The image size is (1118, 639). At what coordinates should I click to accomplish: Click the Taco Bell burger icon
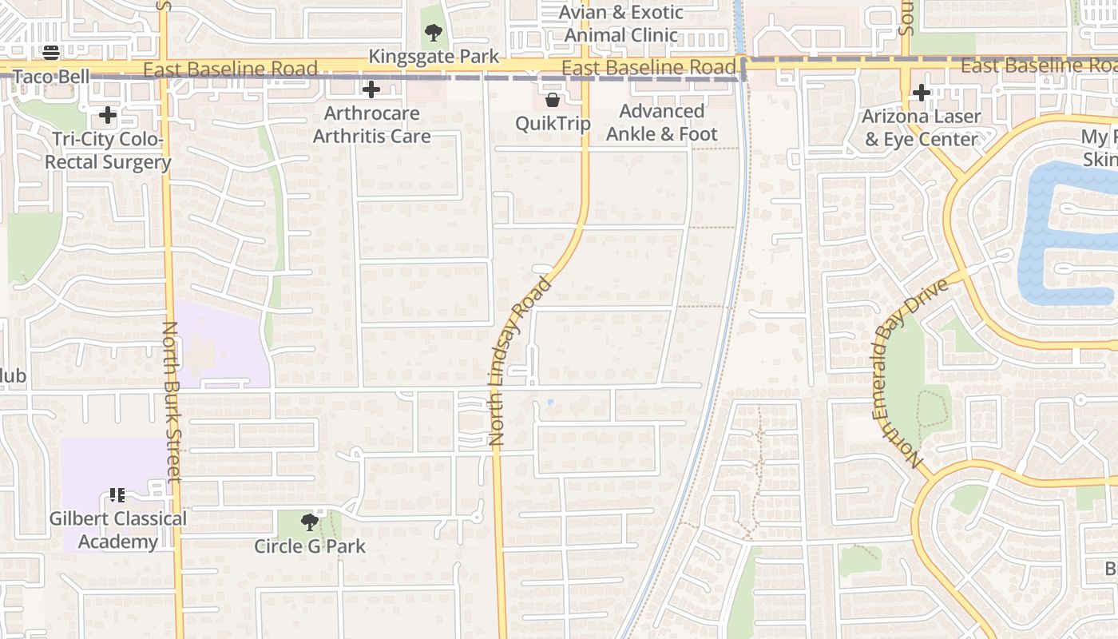[x=51, y=53]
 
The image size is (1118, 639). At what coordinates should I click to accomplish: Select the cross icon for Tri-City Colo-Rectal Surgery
[x=108, y=116]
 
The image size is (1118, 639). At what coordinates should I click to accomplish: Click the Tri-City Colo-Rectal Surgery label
[x=108, y=151]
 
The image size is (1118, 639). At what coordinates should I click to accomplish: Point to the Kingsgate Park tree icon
[x=434, y=33]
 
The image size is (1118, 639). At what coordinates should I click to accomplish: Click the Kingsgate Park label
[x=434, y=57]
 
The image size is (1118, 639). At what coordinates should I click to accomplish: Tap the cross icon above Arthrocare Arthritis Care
[x=371, y=89]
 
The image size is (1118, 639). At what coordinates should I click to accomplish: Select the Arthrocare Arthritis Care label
[x=371, y=125]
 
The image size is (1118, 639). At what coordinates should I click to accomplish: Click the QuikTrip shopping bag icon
[x=552, y=100]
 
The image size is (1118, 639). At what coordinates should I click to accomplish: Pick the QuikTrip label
[x=553, y=123]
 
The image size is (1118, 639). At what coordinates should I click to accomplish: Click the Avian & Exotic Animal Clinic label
[x=621, y=24]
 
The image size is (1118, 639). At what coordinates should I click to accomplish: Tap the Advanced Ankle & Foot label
[x=661, y=122]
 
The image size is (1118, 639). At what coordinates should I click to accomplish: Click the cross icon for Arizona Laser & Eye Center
[x=922, y=93]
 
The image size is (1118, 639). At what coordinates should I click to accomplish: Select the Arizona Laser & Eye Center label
[x=921, y=128]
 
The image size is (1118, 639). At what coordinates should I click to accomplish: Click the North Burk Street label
[x=172, y=402]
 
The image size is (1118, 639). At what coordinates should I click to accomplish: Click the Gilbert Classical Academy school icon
[x=117, y=495]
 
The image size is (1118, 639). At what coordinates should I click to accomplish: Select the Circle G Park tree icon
[x=309, y=522]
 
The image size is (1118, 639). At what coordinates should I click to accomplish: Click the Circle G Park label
[x=310, y=546]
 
